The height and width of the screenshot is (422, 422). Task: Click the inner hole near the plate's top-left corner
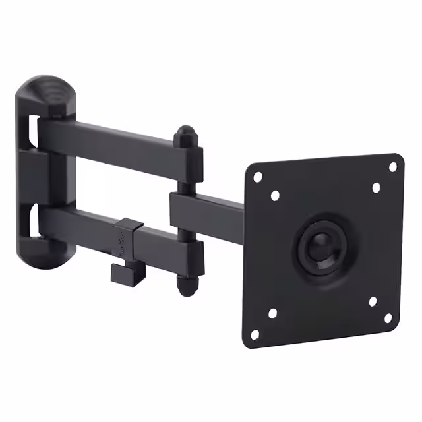275,195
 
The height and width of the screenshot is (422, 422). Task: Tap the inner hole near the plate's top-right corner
376,187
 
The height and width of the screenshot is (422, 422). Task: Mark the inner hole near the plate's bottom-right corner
372,302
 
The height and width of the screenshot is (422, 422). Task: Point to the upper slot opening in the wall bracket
31,132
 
